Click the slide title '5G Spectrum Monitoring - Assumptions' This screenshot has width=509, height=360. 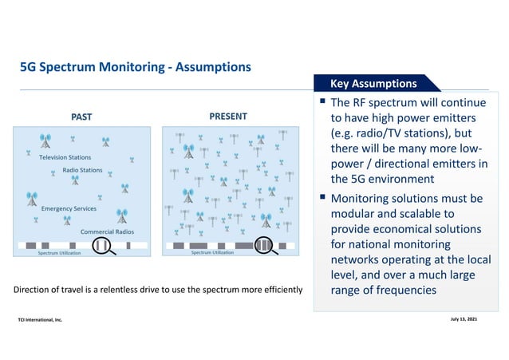click(136, 67)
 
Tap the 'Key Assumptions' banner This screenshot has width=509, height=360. click(373, 83)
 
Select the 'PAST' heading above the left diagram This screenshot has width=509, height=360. click(81, 117)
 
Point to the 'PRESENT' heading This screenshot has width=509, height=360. click(228, 117)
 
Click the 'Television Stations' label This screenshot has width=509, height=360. click(65, 157)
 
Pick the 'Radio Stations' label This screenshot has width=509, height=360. click(82, 170)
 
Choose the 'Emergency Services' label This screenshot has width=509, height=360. click(69, 208)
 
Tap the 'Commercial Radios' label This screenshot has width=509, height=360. click(107, 231)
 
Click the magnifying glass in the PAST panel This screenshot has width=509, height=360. click(102, 245)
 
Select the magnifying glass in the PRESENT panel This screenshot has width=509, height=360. click(265, 245)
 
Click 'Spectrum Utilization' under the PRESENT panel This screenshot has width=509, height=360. click(212, 252)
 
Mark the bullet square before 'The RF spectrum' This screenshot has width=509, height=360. click(322, 103)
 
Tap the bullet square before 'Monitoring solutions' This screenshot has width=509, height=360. click(322, 198)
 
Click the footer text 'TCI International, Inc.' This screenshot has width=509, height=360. click(40, 319)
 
